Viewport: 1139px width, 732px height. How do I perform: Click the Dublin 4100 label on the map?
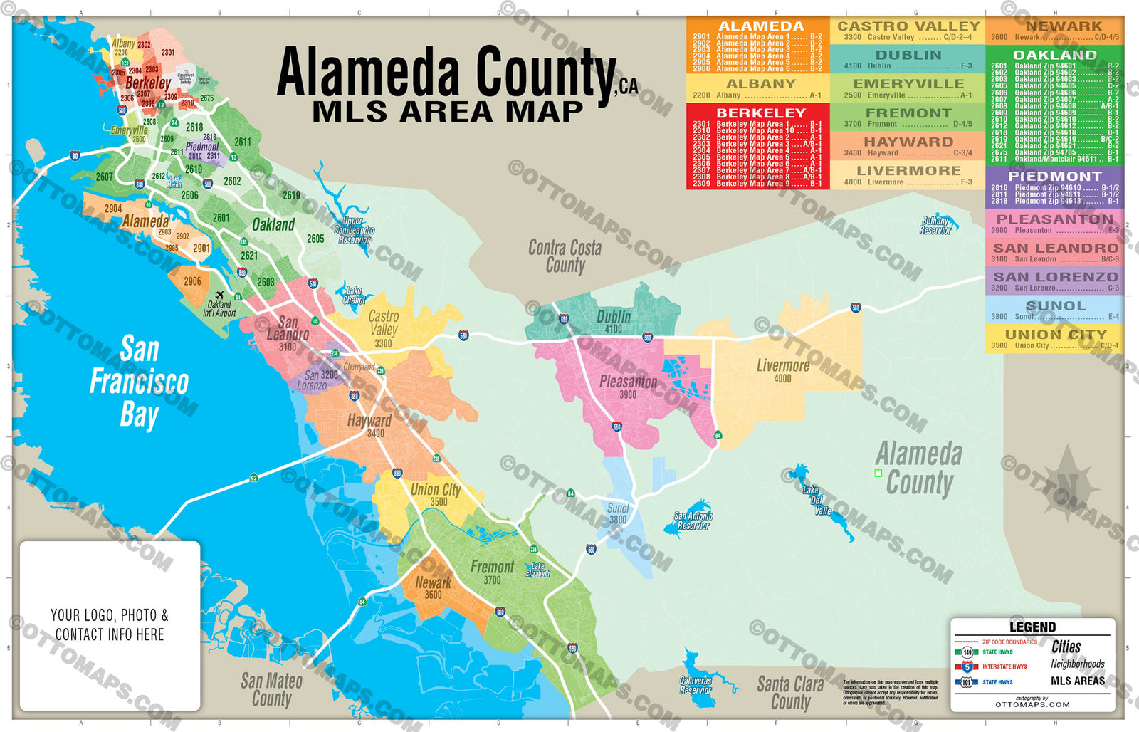point(614,321)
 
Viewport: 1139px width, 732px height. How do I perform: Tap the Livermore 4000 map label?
point(782,370)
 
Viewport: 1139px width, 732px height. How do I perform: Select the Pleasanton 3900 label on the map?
point(628,386)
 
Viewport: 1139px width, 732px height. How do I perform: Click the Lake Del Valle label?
point(817,500)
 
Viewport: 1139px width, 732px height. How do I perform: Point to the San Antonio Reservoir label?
point(693,521)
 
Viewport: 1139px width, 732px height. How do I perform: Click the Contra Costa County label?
point(565,256)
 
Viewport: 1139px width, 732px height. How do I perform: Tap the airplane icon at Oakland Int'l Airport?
point(219,296)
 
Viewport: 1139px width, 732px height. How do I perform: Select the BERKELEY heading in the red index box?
point(760,113)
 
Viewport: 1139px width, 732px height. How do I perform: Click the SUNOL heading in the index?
point(1055,306)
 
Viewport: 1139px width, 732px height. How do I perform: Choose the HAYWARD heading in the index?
point(908,142)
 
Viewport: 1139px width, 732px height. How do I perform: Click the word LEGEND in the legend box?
point(1032,627)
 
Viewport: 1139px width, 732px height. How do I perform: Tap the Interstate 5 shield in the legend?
point(967,667)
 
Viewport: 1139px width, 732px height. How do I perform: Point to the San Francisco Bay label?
point(139,382)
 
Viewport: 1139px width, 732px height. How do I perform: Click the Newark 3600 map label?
point(433,587)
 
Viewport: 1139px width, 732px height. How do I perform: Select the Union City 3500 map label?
point(436,494)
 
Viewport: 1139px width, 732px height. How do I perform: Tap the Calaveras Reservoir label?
point(696,685)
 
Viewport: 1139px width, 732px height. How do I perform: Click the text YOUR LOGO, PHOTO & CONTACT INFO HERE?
point(110,624)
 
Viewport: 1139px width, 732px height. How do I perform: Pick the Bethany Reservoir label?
point(935,226)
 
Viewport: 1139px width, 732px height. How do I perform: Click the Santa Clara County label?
point(790,692)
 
